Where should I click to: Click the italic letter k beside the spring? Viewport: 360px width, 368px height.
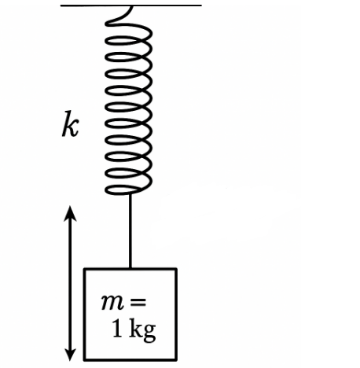pos(70,123)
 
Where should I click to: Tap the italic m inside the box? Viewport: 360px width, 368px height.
pos(112,302)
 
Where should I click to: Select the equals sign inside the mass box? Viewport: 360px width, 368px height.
pos(138,302)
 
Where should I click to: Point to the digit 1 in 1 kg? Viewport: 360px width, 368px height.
pos(117,328)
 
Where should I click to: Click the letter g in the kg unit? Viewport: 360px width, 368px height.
pos(149,333)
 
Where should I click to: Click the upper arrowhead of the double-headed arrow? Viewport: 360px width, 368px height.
pos(70,213)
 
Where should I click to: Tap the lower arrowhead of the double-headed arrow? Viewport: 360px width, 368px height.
pos(70,355)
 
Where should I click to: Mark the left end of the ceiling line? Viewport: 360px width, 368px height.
pos(61,6)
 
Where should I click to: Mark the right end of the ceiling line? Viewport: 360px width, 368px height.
pos(201,6)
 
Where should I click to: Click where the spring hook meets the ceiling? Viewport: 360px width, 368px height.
pos(131,6)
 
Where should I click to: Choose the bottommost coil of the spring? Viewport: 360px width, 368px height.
pos(128,190)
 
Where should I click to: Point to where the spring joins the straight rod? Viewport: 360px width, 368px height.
pos(130,194)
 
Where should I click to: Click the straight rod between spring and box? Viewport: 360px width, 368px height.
pos(130,231)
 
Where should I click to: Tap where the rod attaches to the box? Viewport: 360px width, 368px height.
pos(130,268)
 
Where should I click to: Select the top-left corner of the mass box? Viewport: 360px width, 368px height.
pos(84,269)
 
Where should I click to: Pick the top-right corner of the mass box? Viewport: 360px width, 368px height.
pos(176,269)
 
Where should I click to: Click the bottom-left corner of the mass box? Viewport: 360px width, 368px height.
pos(84,360)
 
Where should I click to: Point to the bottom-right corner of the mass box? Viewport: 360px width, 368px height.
pos(176,360)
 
